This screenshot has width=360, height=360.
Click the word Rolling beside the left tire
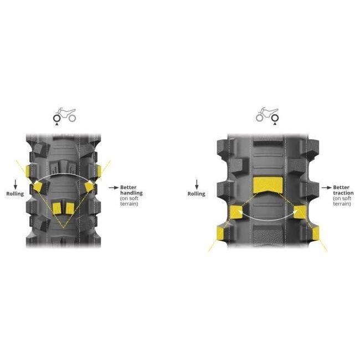(15, 194)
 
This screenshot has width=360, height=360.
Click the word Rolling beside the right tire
(196, 194)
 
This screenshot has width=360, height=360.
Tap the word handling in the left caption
(131, 193)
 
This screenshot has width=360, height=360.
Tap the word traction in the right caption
(343, 193)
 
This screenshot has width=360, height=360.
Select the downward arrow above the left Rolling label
(16, 184)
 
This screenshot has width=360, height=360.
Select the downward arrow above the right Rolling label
(197, 184)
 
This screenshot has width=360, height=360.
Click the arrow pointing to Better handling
(114, 188)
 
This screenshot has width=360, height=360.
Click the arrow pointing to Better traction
(326, 188)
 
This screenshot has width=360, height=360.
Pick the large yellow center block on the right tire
(268, 185)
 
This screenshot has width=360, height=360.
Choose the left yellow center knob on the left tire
(56, 208)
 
